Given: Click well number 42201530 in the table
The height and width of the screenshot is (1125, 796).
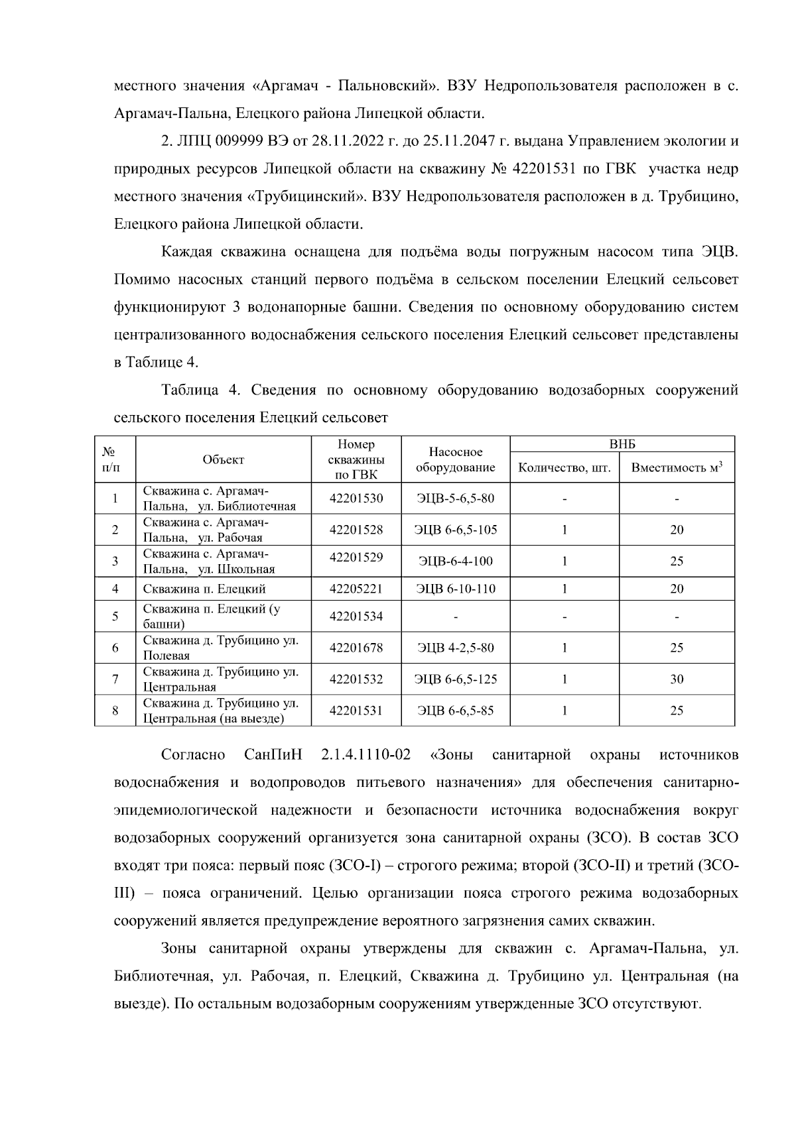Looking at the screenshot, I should (356, 498).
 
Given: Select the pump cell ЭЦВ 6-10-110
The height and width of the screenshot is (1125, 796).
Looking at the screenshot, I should (455, 589).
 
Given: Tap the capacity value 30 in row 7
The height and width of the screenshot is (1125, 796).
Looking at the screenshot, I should (676, 680).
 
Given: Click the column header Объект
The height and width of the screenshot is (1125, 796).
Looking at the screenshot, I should (223, 460).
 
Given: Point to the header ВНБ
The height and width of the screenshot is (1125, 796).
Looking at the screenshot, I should (622, 445).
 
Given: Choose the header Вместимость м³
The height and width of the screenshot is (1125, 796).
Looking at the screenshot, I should (676, 468).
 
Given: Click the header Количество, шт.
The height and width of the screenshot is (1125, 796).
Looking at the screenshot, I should (564, 468).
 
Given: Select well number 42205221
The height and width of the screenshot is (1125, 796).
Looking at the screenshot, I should (356, 589).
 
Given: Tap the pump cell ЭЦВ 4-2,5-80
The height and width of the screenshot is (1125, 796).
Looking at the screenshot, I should (455, 648).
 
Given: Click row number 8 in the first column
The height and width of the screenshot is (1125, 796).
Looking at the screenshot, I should (115, 711).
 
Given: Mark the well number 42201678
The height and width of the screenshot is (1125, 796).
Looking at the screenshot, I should (356, 648).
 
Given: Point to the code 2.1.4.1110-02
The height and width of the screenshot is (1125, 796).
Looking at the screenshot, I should (365, 755).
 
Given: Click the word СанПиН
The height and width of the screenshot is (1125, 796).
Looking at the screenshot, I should (273, 755).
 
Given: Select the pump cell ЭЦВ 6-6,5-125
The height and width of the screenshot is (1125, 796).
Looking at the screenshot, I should (455, 680).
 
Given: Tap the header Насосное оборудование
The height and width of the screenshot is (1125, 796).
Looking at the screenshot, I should (455, 460).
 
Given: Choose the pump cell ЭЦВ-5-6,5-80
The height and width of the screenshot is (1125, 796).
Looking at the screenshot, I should (455, 498).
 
